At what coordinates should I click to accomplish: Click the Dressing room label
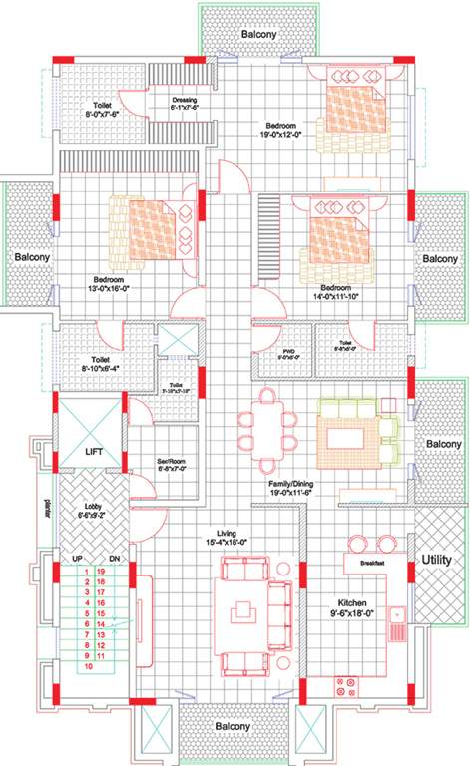click(x=185, y=100)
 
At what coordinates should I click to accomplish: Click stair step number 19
click(x=101, y=571)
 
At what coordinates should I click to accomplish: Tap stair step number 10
click(x=89, y=665)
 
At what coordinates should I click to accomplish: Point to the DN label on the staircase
click(x=115, y=558)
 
